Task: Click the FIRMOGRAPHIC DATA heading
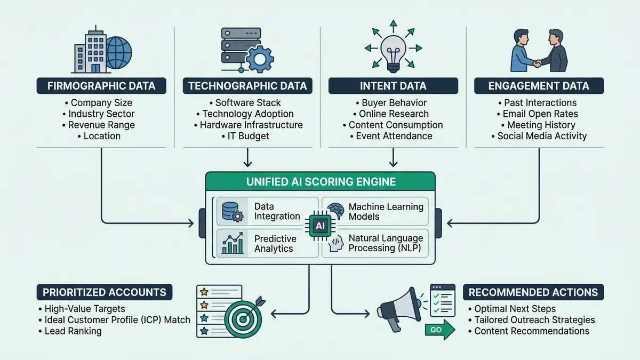[x=101, y=86]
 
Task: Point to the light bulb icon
[x=393, y=53]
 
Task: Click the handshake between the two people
[x=538, y=63]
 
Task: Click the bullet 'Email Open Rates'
[x=540, y=114]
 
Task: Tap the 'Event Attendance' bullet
[x=393, y=136]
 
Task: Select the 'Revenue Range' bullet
[x=101, y=125]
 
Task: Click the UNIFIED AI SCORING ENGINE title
[x=321, y=182]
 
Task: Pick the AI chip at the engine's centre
[x=320, y=226]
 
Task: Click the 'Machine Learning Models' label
[x=386, y=211]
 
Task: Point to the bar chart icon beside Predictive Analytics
[x=233, y=244]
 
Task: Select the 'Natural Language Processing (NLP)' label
[x=386, y=244]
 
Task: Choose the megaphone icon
[x=397, y=309]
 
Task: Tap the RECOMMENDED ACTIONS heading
[x=533, y=292]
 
